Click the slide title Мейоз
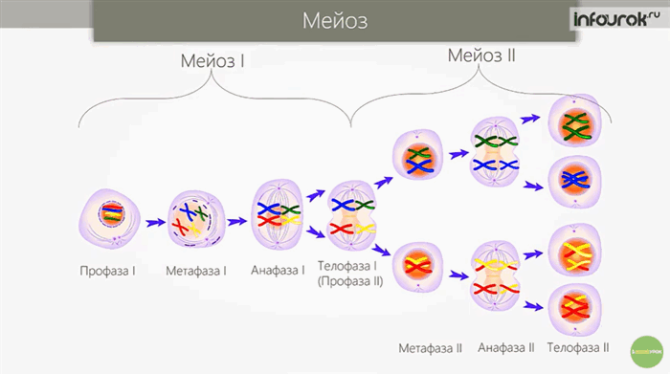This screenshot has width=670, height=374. pyautogui.click(x=335, y=20)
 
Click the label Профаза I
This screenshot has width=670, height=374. pyautogui.click(x=107, y=271)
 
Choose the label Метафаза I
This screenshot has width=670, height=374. pyautogui.click(x=196, y=271)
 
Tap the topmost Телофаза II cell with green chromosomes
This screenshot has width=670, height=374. pyautogui.click(x=572, y=124)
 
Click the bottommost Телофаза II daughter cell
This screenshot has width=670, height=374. pyautogui.click(x=572, y=306)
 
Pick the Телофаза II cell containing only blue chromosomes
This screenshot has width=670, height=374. pyautogui.click(x=572, y=179)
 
